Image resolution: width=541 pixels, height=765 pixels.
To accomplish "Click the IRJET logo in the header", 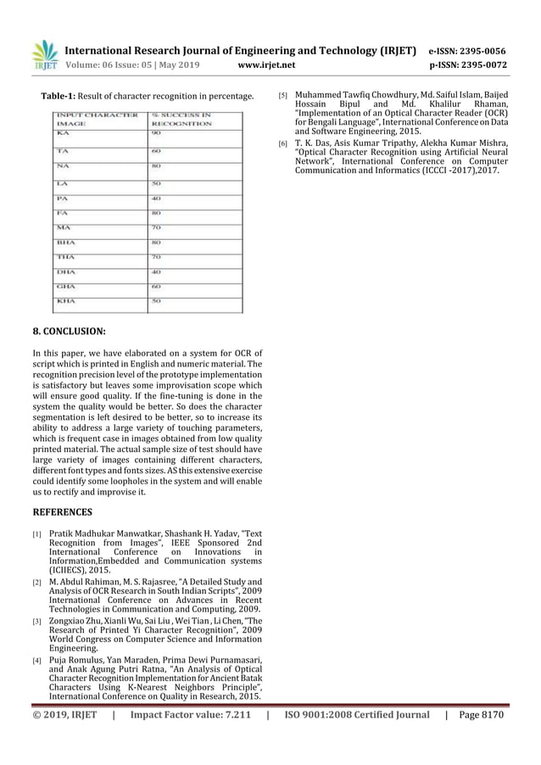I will pyautogui.click(x=44, y=54).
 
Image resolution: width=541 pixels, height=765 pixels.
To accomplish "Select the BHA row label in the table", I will pyautogui.click(x=66, y=242).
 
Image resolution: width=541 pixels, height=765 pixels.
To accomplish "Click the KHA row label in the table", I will pyautogui.click(x=67, y=300).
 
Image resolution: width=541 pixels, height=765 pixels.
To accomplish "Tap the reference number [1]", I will pyautogui.click(x=37, y=535).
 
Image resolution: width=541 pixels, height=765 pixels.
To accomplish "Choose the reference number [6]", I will pyautogui.click(x=284, y=144).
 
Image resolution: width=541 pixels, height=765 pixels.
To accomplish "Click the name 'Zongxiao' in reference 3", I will pyautogui.click(x=68, y=622).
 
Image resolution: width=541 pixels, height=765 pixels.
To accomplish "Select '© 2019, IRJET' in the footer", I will pyautogui.click(x=68, y=715).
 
